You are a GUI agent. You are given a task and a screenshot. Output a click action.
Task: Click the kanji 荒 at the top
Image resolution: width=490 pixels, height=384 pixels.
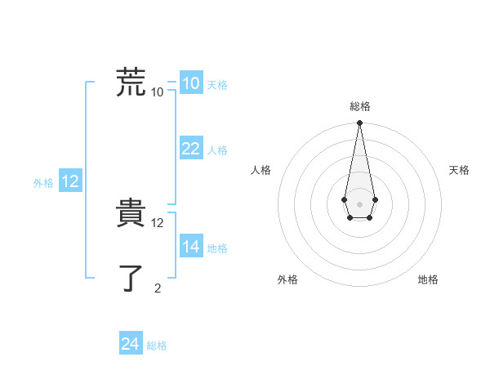[131, 83]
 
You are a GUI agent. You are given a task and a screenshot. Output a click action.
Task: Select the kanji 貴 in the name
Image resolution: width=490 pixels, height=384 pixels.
[131, 214]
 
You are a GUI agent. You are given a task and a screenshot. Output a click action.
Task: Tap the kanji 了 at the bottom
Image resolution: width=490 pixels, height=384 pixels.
[131, 278]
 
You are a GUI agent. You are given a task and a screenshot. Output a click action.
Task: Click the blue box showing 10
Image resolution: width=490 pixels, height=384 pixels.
[190, 83]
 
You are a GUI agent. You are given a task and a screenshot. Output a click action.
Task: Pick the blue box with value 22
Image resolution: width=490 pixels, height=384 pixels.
[190, 149]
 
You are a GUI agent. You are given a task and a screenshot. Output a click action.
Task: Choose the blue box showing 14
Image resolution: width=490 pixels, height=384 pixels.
[190, 247]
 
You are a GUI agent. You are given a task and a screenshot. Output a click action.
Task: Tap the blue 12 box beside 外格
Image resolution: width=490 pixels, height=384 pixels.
[70, 181]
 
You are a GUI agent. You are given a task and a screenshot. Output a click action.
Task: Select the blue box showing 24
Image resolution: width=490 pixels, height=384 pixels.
[130, 344]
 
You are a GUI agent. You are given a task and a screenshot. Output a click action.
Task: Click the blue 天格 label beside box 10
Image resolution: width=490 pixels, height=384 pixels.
[217, 85]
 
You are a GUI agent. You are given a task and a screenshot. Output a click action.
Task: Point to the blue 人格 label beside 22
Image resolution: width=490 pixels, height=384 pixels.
[217, 150]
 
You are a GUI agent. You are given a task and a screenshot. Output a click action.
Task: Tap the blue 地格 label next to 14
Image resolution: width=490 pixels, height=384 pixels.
[217, 248]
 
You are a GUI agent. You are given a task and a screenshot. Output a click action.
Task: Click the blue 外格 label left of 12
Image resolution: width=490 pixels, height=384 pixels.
[43, 183]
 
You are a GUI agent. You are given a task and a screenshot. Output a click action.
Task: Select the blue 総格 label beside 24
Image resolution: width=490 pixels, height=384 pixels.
[157, 346]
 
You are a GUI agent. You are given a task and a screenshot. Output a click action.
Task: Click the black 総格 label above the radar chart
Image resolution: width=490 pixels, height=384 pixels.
[360, 106]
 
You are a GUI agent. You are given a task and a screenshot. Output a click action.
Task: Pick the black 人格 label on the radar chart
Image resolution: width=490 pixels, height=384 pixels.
[261, 170]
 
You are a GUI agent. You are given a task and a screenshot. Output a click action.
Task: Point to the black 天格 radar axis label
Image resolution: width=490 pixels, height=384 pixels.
[459, 170]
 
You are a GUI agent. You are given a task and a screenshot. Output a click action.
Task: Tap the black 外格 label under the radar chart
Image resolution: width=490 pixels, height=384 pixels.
[287, 279]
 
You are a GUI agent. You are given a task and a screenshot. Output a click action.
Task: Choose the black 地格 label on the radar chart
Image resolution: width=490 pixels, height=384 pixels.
[428, 279]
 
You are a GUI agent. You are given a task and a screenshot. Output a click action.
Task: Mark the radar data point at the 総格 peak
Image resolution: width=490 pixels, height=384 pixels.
[359, 123]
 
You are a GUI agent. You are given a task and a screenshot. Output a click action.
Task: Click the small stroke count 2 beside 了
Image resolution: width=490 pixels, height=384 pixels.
[158, 288]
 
